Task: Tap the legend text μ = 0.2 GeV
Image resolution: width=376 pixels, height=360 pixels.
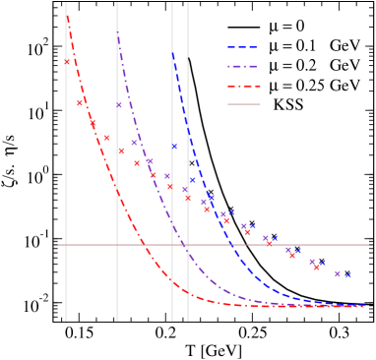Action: pos(313,65)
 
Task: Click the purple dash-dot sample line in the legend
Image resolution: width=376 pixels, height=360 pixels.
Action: pos(245,65)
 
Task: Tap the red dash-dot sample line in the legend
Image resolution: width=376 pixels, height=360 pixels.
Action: pos(245,85)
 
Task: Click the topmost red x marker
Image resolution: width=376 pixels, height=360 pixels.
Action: pos(67,62)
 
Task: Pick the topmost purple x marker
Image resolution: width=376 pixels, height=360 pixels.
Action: pos(119,105)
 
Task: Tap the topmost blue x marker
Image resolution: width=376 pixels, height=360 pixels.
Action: pos(175,146)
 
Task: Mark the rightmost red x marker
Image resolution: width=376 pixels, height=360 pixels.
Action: pos(316,267)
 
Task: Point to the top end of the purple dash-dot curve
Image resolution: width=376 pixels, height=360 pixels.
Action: pos(118,33)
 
